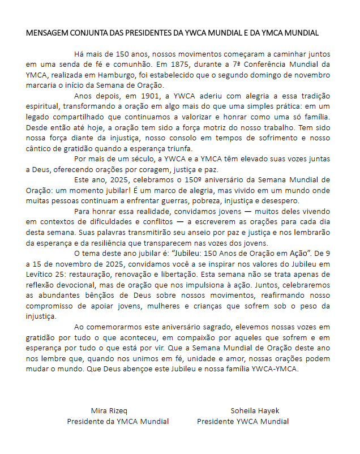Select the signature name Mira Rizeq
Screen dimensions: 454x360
click(110, 410)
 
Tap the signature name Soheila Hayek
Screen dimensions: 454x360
click(255, 410)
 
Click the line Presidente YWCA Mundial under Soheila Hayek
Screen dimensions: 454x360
click(243, 421)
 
